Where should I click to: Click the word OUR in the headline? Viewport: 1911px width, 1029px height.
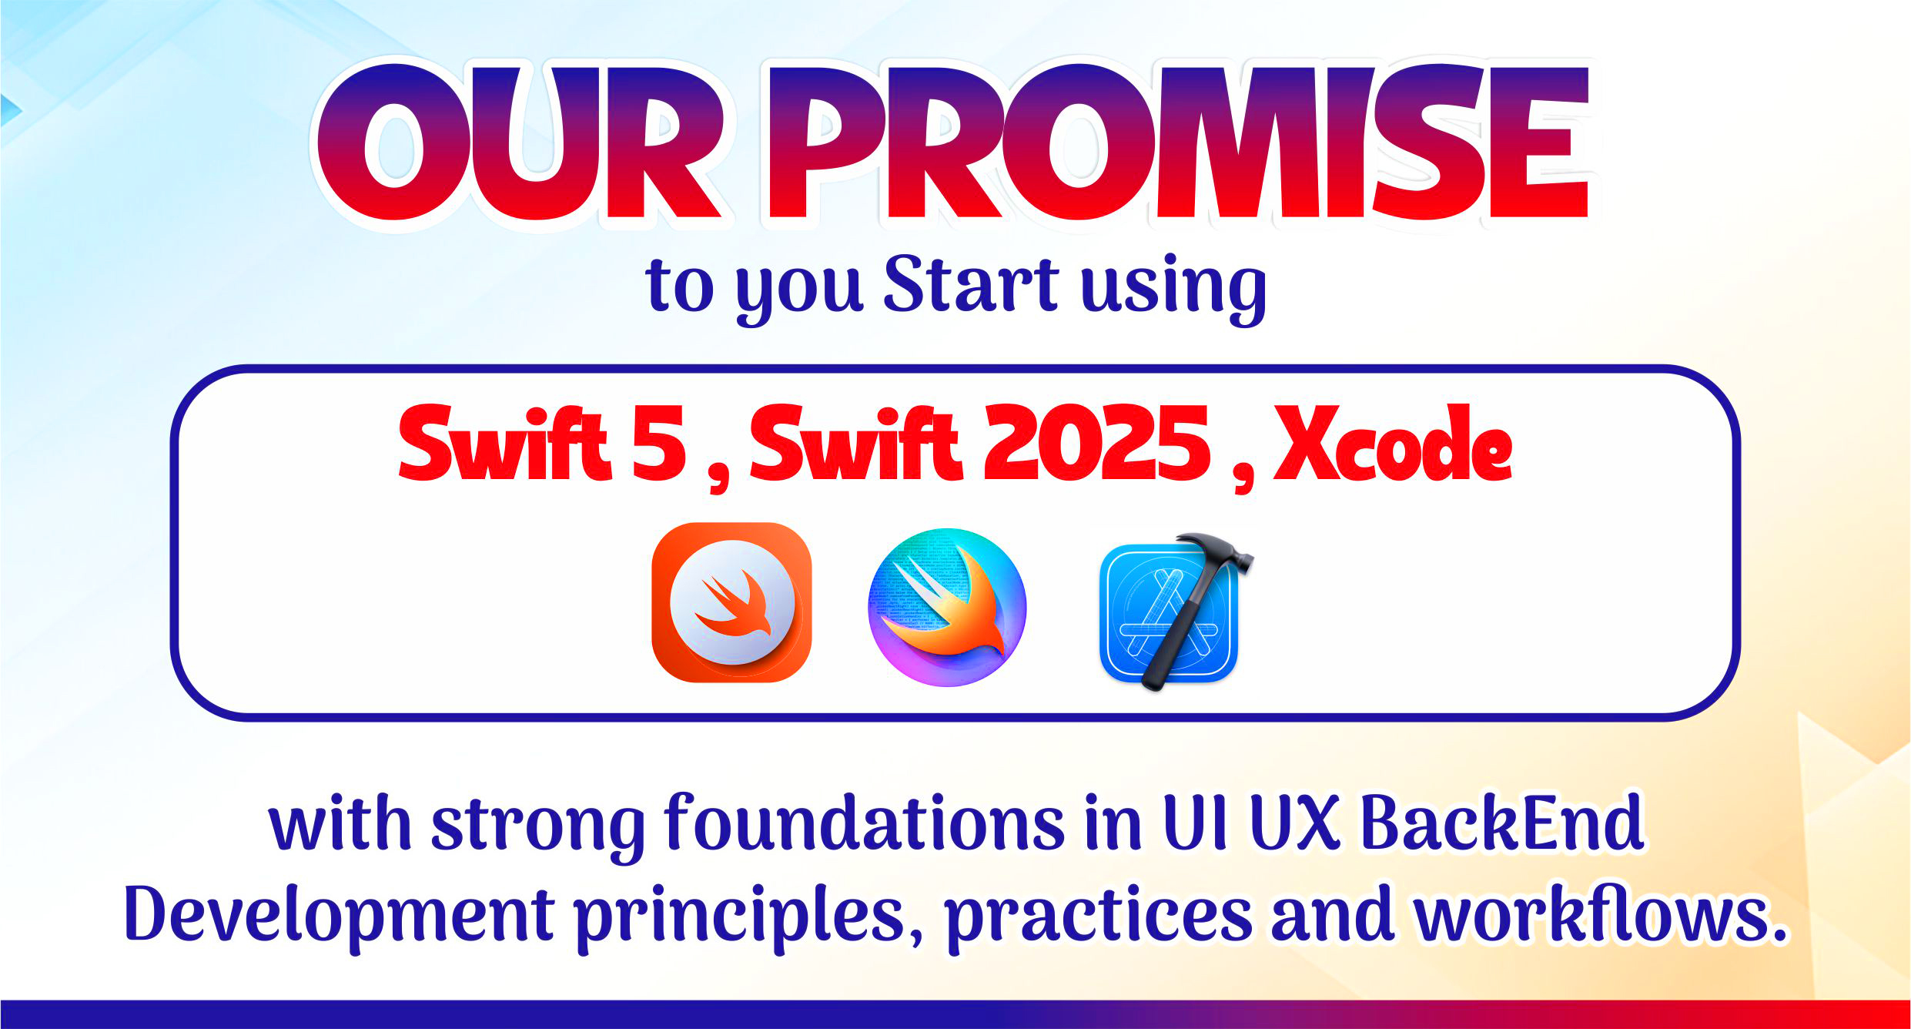coord(519,144)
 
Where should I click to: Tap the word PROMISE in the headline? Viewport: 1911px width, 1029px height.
coord(1178,144)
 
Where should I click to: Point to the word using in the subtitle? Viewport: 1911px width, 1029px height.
coord(1173,289)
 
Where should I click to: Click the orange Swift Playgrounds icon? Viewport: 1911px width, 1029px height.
coord(731,602)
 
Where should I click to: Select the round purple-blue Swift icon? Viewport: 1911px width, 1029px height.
coord(947,607)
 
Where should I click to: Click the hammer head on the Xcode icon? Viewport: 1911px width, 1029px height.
coord(1215,553)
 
